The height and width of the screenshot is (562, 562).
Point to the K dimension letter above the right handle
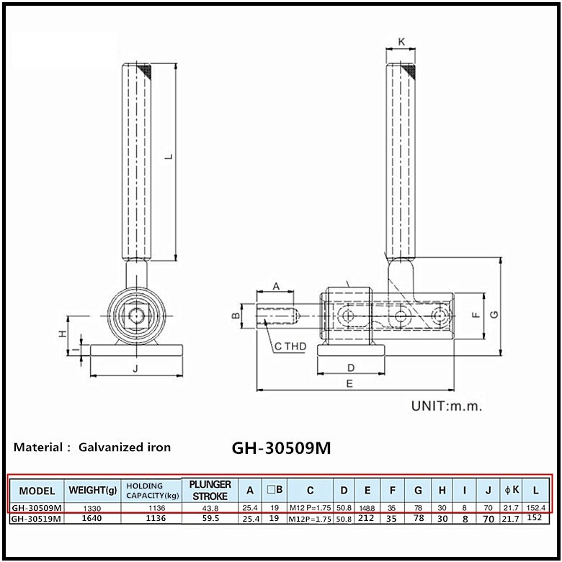(401, 43)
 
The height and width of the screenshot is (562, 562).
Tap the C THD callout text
(290, 347)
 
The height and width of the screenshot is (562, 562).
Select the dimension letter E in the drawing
(349, 383)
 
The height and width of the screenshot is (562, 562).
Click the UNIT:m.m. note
(446, 406)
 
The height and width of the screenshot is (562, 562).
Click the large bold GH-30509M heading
(282, 447)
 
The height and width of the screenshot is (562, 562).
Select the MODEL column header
(37, 491)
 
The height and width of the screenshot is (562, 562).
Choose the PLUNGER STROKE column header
(210, 490)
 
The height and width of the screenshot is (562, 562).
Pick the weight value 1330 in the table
(92, 507)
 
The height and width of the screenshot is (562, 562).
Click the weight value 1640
(92, 517)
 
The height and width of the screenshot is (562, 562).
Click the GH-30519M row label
(37, 517)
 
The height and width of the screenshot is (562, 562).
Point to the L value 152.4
(536, 507)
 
